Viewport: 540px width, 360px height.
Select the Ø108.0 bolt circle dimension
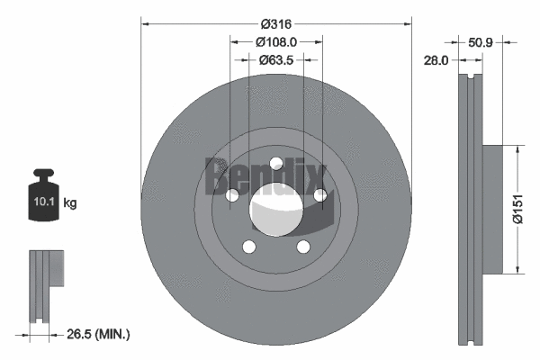point(276,41)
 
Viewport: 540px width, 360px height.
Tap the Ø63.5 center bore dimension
point(276,60)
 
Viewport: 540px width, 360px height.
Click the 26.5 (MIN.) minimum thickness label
point(99,334)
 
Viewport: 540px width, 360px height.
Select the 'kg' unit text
point(71,204)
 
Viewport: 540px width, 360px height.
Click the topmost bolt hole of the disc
point(276,164)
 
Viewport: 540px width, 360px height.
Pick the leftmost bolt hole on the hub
point(232,196)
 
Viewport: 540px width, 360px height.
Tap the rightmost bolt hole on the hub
point(320,195)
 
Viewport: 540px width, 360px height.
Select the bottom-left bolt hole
point(249,247)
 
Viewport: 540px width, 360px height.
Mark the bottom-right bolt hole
point(303,247)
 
